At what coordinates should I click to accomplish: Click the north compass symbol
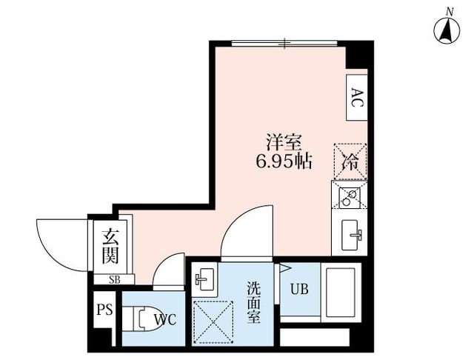(x=447, y=30)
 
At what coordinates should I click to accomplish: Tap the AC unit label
(x=357, y=97)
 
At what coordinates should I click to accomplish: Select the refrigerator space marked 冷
(x=350, y=161)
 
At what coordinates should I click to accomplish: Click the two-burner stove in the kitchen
(x=350, y=198)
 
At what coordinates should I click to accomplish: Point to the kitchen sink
(x=350, y=235)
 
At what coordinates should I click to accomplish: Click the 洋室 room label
(x=284, y=142)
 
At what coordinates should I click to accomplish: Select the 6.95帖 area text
(x=284, y=161)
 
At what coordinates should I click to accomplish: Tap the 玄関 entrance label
(x=110, y=247)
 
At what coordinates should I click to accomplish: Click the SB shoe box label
(x=115, y=280)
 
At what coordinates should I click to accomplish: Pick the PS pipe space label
(x=104, y=310)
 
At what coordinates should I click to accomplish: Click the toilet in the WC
(x=141, y=319)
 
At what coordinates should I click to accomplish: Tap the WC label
(x=165, y=319)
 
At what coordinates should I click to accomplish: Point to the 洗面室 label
(x=253, y=302)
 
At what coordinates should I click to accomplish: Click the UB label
(x=299, y=290)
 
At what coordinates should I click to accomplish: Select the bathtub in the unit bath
(x=341, y=293)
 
